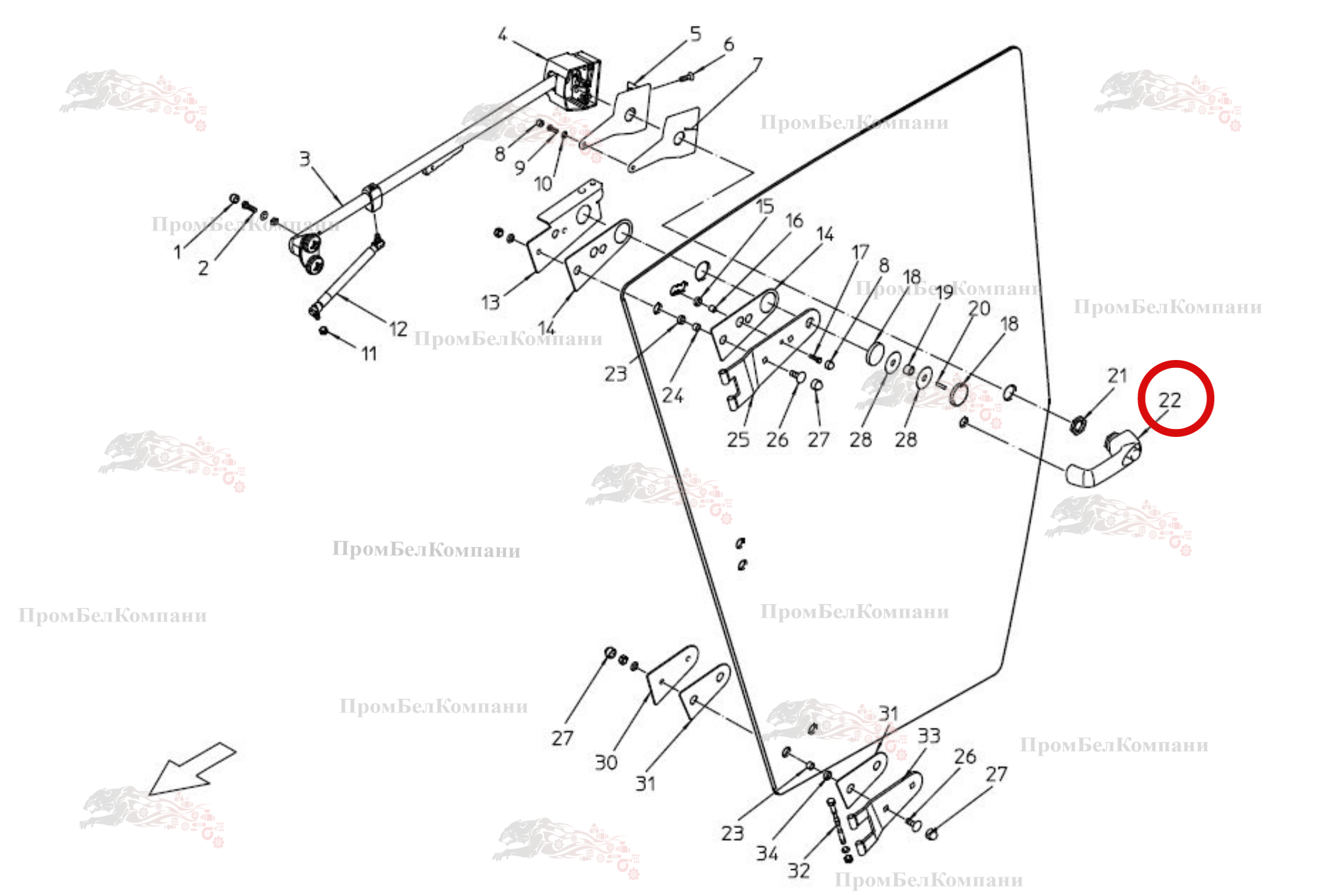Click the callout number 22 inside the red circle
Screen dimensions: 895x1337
click(1169, 400)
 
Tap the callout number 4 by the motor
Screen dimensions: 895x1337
click(502, 34)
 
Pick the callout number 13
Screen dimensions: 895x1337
click(490, 302)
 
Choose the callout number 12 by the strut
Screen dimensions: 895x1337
click(398, 329)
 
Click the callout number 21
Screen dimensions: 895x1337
click(1117, 376)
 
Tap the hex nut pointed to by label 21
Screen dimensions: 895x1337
click(1078, 422)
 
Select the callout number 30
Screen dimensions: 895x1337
click(605, 762)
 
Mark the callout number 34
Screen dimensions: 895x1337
click(767, 853)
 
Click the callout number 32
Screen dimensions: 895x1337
click(798, 870)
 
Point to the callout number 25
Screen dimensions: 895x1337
click(737, 440)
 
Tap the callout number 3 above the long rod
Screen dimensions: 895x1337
click(304, 159)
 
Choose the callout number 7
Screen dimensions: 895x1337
click(757, 64)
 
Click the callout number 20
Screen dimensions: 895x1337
click(979, 308)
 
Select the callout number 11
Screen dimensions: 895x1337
click(369, 354)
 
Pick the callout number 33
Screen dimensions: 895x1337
click(928, 736)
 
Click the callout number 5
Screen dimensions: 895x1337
click(695, 34)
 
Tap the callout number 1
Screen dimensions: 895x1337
click(177, 252)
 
